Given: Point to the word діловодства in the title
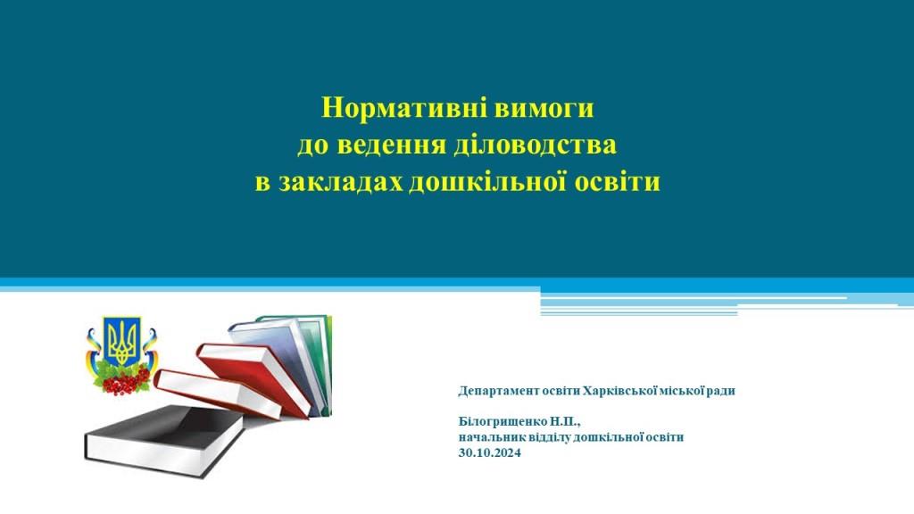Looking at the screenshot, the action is click(536, 145).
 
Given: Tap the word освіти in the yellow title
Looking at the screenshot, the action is click(618, 182).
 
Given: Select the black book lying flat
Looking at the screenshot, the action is click(165, 441).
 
